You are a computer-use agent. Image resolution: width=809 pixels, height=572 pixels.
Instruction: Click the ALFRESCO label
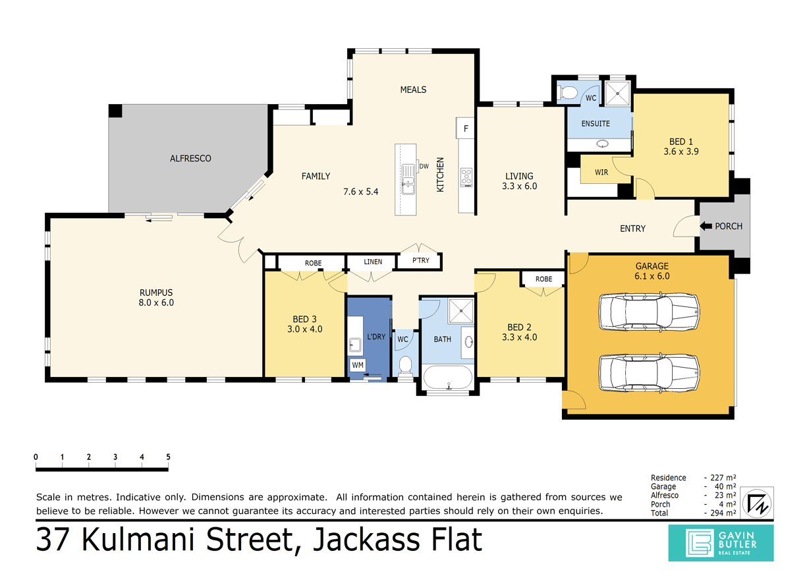coord(190,159)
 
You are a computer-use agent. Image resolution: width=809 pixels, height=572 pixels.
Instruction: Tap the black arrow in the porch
coord(706,226)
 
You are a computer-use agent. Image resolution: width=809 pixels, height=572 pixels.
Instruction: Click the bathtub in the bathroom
coord(447,380)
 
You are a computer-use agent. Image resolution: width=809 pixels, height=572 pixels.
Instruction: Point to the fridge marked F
coord(466,129)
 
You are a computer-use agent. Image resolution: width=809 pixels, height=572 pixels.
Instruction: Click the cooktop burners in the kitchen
coord(466,177)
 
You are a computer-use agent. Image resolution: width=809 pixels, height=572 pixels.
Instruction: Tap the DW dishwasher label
coord(424,166)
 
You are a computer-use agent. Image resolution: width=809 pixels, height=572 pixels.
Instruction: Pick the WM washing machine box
coord(357,364)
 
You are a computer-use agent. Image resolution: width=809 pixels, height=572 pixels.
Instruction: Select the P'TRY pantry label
coord(420,261)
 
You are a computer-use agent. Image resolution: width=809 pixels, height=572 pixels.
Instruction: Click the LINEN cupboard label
coord(372,262)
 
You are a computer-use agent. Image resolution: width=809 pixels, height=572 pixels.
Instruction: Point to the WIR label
coord(601,173)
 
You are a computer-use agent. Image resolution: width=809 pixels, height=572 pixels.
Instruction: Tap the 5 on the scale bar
coord(169,457)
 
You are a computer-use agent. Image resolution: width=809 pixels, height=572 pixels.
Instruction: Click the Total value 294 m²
coord(720,513)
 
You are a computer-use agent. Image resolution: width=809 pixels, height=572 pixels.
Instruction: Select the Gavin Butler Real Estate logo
coord(721,542)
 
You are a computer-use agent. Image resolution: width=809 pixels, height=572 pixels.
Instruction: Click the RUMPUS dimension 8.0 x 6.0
coord(156,303)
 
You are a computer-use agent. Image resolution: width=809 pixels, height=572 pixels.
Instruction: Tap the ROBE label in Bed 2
coord(544,279)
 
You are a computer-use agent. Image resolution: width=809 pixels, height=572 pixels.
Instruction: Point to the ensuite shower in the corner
coord(617,94)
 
